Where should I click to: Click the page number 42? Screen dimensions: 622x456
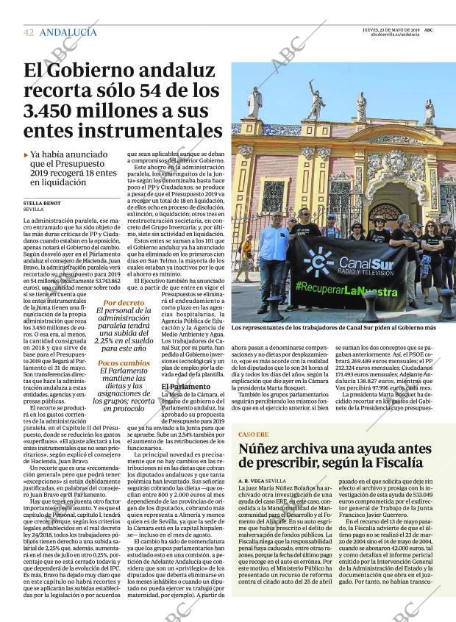pyautogui.click(x=28, y=32)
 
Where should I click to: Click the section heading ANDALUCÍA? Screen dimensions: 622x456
pyautogui.click(x=68, y=32)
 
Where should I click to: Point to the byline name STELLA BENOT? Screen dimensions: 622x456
pyautogui.click(x=42, y=203)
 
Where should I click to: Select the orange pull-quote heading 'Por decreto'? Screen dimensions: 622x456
pyautogui.click(x=124, y=303)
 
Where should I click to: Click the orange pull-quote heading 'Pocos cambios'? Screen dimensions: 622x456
pyautogui.click(x=124, y=363)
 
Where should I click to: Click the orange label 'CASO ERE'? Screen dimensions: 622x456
pyautogui.click(x=253, y=435)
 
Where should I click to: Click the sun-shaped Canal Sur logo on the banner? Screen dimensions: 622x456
pyautogui.click(x=318, y=262)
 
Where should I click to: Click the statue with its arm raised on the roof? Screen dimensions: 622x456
pyautogui.click(x=316, y=102)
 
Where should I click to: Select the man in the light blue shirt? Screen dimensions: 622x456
pyautogui.click(x=274, y=254)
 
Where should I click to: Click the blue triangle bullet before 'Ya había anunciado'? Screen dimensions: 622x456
pyautogui.click(x=26, y=155)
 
